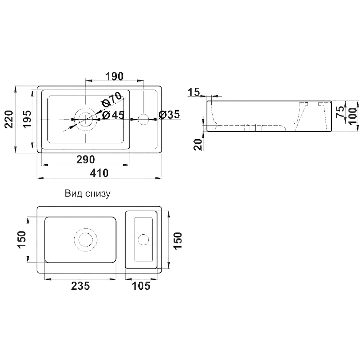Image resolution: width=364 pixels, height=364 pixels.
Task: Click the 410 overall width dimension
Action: coord(99,173)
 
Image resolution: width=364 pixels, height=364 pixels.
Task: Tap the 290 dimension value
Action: coord(86,160)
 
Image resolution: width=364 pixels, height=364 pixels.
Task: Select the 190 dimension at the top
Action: coord(115,76)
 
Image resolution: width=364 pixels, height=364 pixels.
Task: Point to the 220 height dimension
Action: coord(9,119)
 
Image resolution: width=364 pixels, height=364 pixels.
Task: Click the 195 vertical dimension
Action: coord(27,119)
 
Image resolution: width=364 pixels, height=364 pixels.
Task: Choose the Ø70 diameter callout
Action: coord(111,99)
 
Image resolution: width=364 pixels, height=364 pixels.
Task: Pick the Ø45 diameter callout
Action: coord(113,115)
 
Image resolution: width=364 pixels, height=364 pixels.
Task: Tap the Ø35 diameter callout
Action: coord(169,115)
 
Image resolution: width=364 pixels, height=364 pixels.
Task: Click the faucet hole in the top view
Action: coord(143,119)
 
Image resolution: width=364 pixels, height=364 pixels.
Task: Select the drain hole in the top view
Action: coord(86,119)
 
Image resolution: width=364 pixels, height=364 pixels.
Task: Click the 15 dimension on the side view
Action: coord(194,92)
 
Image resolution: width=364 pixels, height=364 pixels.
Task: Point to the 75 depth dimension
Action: coord(340,112)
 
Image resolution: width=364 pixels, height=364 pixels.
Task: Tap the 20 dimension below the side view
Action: coord(198,145)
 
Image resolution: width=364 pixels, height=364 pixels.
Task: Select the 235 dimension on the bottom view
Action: coord(81,286)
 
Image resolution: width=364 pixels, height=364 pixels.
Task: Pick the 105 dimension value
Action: coord(141,286)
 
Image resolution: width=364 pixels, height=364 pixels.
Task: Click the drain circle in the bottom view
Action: coord(86,240)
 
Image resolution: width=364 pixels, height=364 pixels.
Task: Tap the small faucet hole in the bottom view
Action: coord(143,240)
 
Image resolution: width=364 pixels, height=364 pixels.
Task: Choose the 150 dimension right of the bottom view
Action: coord(178,241)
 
